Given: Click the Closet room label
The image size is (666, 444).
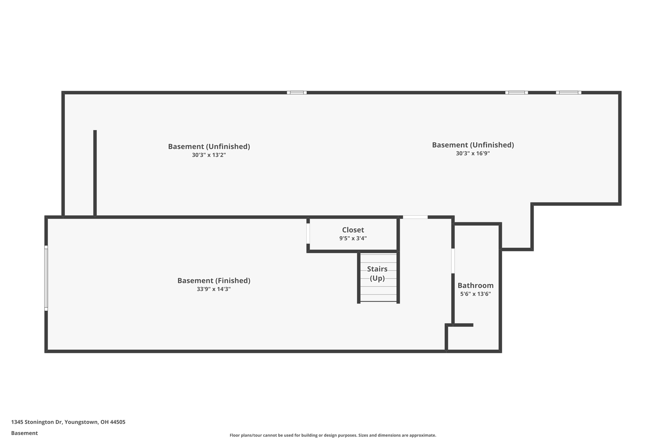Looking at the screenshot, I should (353, 230).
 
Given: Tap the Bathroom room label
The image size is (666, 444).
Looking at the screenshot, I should (475, 286).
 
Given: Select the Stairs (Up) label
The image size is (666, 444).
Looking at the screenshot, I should (377, 274).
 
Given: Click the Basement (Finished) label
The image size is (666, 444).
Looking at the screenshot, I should (214, 281).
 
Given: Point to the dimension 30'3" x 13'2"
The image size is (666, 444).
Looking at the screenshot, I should (209, 155).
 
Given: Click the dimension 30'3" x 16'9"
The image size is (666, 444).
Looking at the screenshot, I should (473, 154).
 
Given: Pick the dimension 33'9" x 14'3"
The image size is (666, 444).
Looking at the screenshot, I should (214, 289).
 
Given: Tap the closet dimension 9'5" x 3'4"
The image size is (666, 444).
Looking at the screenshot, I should (353, 238).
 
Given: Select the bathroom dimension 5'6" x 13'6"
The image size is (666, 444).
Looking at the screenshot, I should (475, 294).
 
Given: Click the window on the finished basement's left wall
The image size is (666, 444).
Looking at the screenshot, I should (46, 278).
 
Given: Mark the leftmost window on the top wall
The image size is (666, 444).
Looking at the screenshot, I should (297, 93).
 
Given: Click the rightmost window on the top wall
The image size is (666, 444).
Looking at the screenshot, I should (568, 93).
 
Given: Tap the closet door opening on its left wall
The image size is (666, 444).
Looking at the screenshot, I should (308, 233).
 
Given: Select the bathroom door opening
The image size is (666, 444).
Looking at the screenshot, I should (453, 261).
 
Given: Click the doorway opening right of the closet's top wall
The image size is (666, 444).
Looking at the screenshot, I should (415, 217).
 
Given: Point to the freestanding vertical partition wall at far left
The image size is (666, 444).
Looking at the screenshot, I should (95, 172).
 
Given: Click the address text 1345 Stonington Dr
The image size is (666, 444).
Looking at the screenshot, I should (36, 422).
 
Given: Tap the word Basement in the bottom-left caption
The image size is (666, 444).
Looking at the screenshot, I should (24, 433).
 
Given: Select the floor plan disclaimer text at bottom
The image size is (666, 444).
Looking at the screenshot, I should (333, 435).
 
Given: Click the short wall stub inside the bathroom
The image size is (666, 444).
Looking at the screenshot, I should (463, 325).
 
